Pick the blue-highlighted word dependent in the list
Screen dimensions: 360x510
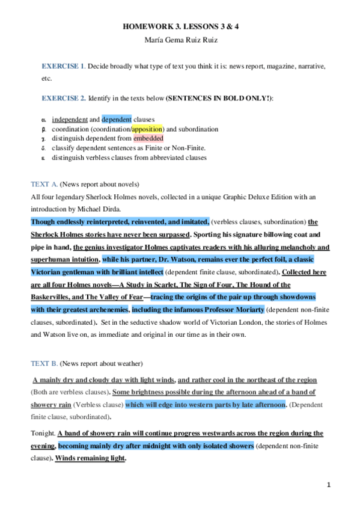(120, 119)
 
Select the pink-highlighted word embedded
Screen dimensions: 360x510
(148, 138)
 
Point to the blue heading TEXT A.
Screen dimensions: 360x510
(44, 183)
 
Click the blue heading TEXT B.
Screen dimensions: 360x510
(44, 363)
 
